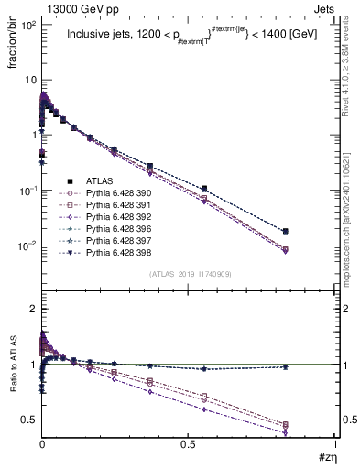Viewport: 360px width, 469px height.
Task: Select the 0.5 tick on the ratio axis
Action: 27,420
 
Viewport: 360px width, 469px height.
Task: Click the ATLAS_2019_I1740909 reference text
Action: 190,274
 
